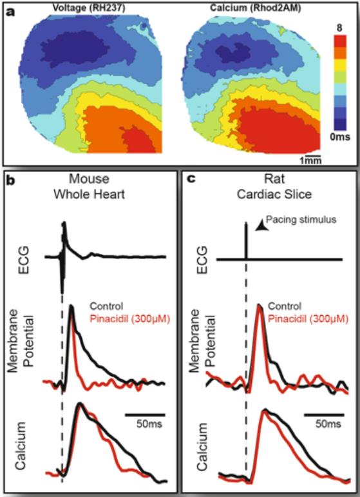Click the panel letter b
click(x=11, y=180)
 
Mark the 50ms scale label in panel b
click(x=144, y=425)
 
